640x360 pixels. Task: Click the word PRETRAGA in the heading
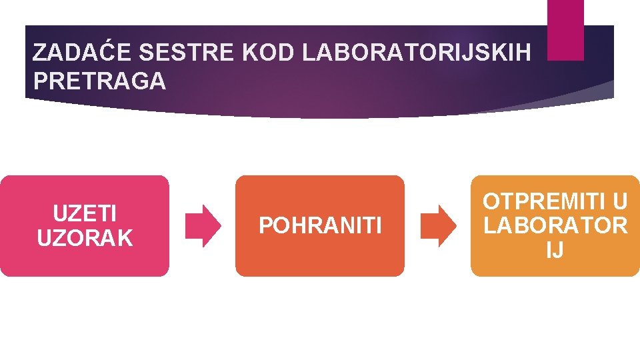click(x=99, y=81)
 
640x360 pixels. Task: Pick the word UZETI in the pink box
click(x=85, y=215)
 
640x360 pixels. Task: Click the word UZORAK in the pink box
click(x=85, y=238)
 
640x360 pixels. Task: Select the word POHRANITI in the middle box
click(x=320, y=227)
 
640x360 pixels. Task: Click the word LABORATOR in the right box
click(x=555, y=226)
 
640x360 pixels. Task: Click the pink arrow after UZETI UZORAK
click(x=203, y=226)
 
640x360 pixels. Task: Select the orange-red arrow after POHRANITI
click(x=438, y=226)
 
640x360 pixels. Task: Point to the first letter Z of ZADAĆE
click(x=39, y=53)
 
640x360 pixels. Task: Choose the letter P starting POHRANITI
click(x=265, y=227)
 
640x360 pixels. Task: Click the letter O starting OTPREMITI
click(x=492, y=201)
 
